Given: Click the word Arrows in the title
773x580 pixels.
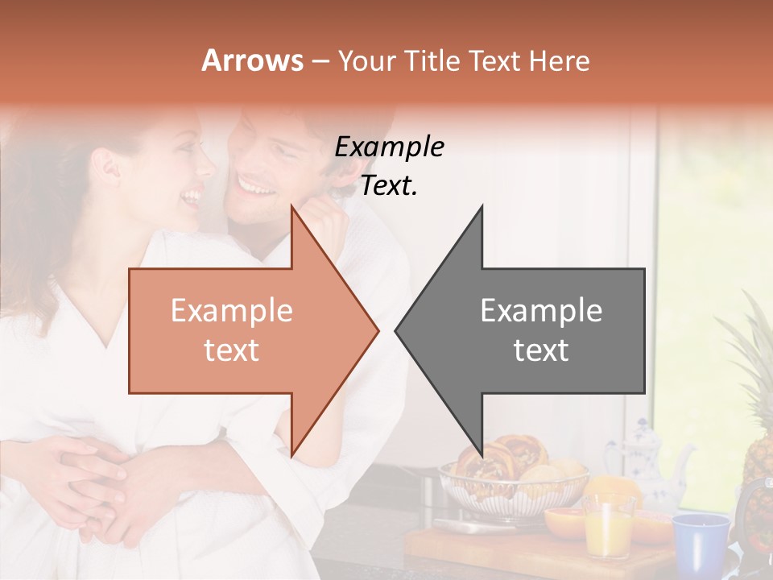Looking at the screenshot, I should coord(252,61).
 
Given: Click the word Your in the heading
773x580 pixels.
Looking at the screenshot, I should coord(366,61).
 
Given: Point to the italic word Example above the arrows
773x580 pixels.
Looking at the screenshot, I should coord(389,147).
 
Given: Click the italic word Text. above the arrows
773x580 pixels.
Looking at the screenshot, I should coord(389,186).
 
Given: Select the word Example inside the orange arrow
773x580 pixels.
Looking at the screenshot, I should coord(231,311).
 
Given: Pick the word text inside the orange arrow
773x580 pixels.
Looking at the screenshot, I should coord(231,350).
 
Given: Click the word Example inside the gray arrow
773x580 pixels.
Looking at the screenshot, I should coord(541,311).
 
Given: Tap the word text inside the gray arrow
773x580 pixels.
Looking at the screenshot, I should coord(541,350).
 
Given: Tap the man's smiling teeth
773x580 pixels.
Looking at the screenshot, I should coord(256,188).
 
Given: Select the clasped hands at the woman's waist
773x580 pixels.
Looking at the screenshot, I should coord(97,483).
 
